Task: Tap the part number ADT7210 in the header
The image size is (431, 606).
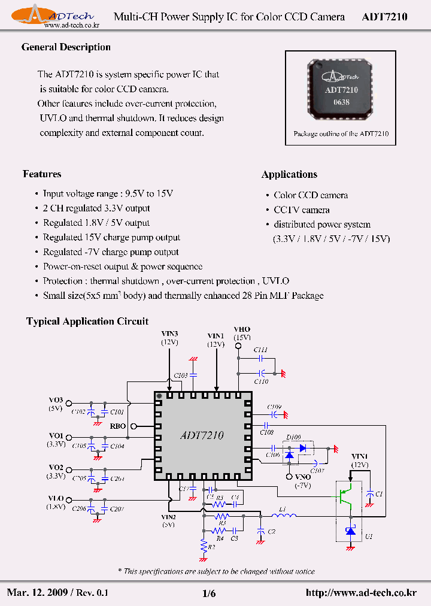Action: [x=384, y=17]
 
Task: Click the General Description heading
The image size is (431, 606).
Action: [x=66, y=47]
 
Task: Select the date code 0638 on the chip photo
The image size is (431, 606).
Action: [x=341, y=102]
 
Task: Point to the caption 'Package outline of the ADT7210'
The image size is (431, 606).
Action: [x=341, y=134]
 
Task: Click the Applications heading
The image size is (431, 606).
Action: [x=289, y=174]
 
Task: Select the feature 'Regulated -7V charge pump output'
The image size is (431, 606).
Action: [x=111, y=252]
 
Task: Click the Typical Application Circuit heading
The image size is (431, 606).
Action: [x=87, y=322]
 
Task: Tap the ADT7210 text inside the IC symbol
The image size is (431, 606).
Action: [x=202, y=436]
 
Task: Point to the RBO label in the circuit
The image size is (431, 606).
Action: [x=118, y=426]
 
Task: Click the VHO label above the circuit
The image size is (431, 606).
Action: [x=242, y=329]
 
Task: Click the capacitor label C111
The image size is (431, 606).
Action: [x=260, y=349]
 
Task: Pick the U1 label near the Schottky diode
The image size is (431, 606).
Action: [x=368, y=537]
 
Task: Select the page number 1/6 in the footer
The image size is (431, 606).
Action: [x=209, y=593]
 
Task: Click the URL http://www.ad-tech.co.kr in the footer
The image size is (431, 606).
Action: [x=360, y=593]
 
